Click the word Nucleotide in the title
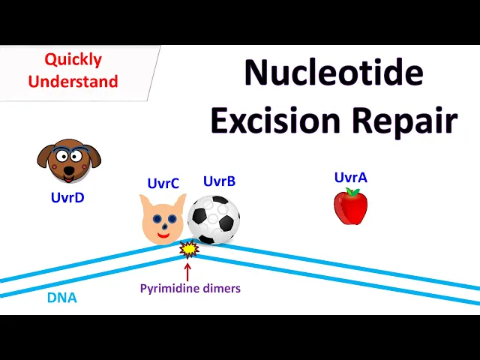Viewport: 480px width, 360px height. [x=334, y=73]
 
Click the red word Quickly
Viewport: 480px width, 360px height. [x=73, y=59]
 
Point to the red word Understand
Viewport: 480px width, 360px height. [x=73, y=81]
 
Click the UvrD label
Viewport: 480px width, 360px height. [x=67, y=198]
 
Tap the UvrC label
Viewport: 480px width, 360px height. [x=163, y=183]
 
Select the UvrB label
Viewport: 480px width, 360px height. [x=219, y=181]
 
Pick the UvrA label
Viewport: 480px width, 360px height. [x=350, y=177]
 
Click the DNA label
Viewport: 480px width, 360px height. [x=61, y=298]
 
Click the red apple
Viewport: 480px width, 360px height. [x=350, y=207]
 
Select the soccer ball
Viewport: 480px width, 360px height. [x=214, y=219]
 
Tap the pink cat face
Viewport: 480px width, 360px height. [x=162, y=219]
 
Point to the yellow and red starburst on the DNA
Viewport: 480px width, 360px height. [x=188, y=248]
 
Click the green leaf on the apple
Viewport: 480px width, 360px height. [x=353, y=192]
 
